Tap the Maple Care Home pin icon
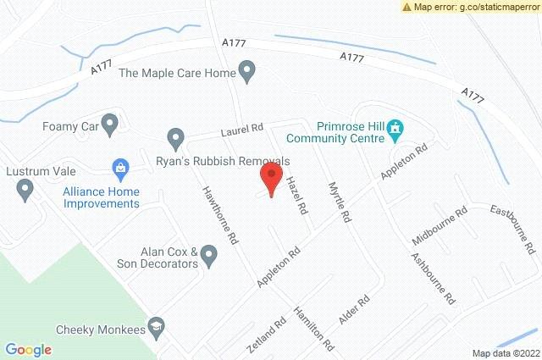pyautogui.click(x=247, y=72)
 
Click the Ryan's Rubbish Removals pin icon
pyautogui.click(x=175, y=137)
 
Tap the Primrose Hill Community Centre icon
pyautogui.click(x=395, y=130)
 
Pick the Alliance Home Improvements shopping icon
pyautogui.click(x=122, y=169)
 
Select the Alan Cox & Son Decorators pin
pyautogui.click(x=209, y=252)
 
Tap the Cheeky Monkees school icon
pyautogui.click(x=156, y=327)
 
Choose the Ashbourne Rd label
pyautogui.click(x=432, y=279)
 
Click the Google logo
pyautogui.click(x=28, y=348)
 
